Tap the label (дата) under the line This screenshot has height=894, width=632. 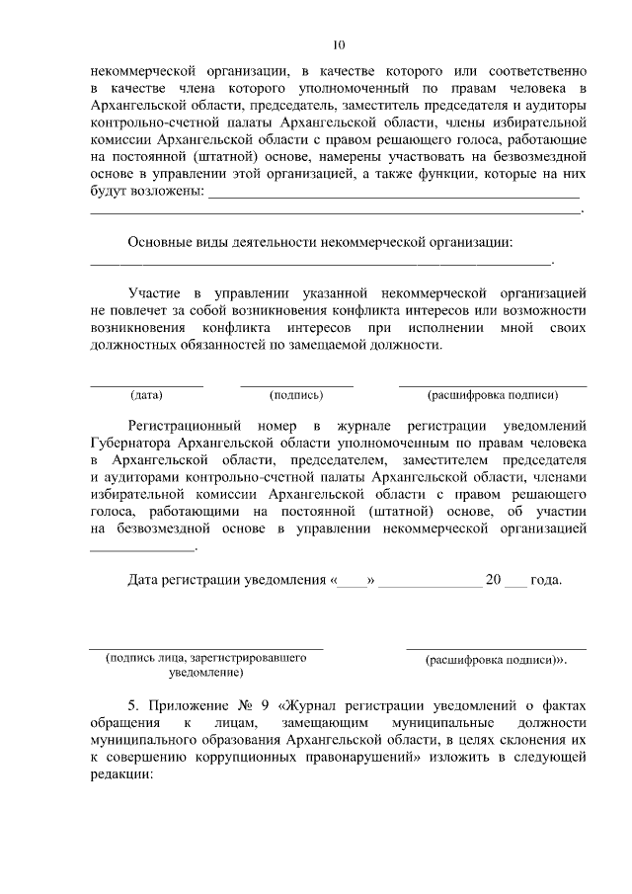pos(147,395)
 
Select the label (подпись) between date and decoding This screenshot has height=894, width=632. pos(296,395)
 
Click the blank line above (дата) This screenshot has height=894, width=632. pos(147,383)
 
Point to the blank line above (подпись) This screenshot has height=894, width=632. pos(296,383)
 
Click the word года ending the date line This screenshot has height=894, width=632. pos(546,580)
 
